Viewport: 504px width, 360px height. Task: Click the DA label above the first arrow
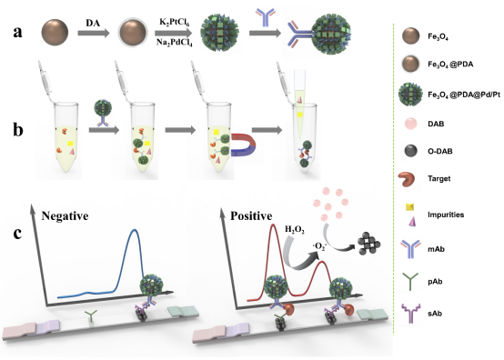pos(93,23)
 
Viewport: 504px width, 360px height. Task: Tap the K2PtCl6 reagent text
pos(175,23)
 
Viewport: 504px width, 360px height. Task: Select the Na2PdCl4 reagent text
pos(175,43)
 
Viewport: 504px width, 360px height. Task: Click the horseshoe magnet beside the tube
pos(243,145)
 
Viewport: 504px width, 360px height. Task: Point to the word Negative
pos(65,215)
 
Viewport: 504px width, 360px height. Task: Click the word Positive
pos(251,215)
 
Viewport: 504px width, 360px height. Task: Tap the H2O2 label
pos(295,230)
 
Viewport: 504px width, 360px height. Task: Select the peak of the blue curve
pos(135,230)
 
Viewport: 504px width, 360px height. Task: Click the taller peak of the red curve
pos(273,225)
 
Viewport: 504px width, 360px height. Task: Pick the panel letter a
pos(17,33)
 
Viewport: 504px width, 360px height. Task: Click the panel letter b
pos(18,130)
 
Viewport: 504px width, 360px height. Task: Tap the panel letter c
pos(17,234)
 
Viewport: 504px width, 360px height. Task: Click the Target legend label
pos(439,178)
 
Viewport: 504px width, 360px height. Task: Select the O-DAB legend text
pos(440,151)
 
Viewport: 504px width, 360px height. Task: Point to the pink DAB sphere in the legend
pos(411,124)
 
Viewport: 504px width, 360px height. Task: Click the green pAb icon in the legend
pos(410,281)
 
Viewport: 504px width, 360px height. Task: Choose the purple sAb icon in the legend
pos(410,313)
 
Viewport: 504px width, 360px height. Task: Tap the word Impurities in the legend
pos(446,215)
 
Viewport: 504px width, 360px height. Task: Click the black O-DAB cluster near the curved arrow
pos(368,244)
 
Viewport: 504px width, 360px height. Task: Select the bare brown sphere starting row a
pos(55,32)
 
